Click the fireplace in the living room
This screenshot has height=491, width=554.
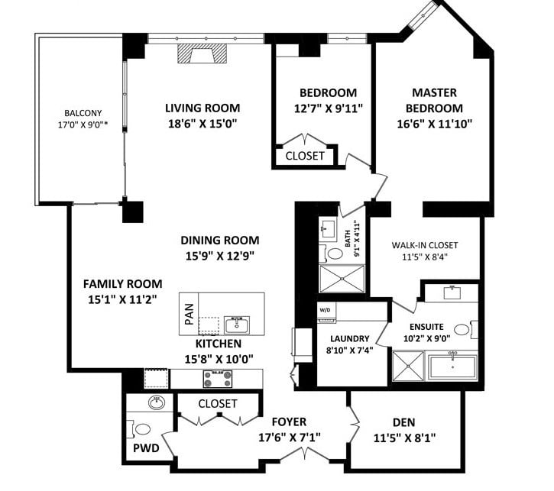coord(202,53)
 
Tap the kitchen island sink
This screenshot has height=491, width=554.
coord(237,325)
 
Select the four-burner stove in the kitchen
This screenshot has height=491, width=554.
coord(218,379)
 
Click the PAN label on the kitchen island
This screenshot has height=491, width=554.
coord(190,314)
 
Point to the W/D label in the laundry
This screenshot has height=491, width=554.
coord(325,310)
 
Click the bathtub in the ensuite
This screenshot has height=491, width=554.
coord(453,367)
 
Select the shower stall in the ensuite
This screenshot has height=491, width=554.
coord(408,366)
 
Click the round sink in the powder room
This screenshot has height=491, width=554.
coord(157,402)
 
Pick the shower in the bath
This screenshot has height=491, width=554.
coord(342,279)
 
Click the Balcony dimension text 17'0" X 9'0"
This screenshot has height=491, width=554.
coord(83,124)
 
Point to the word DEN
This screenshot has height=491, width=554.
coord(404,422)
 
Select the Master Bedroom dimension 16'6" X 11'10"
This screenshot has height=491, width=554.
coord(435,124)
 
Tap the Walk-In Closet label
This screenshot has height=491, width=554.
coord(425,245)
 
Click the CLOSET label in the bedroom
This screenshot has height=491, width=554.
coord(305,156)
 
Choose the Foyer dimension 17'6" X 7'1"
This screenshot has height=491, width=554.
coord(290,438)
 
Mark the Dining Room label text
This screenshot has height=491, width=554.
coord(220,241)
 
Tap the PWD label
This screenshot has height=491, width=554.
coord(146,448)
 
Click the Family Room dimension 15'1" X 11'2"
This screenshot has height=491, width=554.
coord(122,299)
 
